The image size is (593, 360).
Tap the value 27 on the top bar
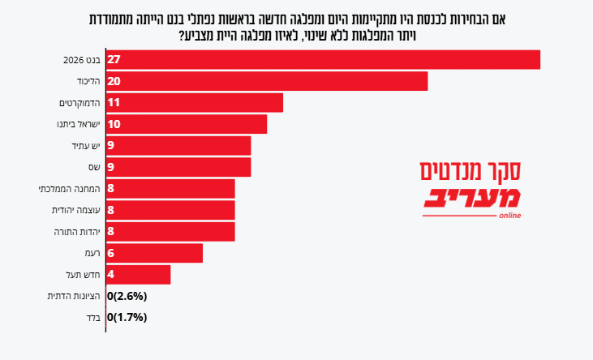point(114,60)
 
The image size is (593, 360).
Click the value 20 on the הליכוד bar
point(114,81)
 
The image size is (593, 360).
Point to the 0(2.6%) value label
point(127,296)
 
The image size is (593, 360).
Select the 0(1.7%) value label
point(127,317)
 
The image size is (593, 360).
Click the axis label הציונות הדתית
point(74,296)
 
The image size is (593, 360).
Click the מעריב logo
point(471,202)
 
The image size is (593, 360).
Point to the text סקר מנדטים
point(471,171)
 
